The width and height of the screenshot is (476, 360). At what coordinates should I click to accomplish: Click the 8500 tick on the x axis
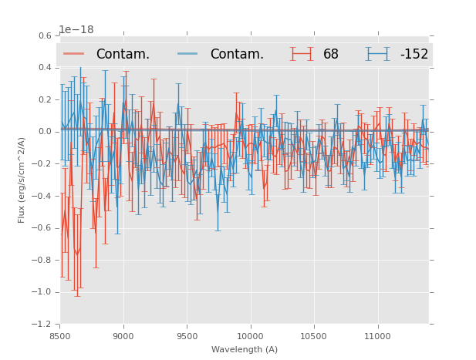pyautogui.click(x=60, y=336)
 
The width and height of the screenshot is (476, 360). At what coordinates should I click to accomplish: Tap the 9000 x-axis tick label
pyautogui.click(x=123, y=336)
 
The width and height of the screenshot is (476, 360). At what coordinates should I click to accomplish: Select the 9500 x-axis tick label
pyautogui.click(x=187, y=336)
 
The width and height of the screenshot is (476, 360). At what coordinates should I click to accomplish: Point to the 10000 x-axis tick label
pyautogui.click(x=250, y=336)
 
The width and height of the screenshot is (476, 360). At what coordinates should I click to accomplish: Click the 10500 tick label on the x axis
pyautogui.click(x=313, y=336)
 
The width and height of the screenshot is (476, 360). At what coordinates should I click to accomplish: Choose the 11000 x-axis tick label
pyautogui.click(x=377, y=336)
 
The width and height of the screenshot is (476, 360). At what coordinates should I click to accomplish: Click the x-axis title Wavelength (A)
pyautogui.click(x=245, y=349)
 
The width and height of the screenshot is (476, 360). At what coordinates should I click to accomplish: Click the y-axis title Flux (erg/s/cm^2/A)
pyautogui.click(x=22, y=180)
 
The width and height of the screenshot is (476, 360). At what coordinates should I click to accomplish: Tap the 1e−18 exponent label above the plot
pyautogui.click(x=76, y=30)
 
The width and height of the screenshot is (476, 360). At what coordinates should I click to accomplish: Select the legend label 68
pyautogui.click(x=331, y=55)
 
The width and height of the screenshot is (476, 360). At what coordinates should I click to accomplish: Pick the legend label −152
pyautogui.click(x=414, y=55)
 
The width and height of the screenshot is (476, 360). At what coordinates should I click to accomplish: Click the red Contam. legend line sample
pyautogui.click(x=75, y=54)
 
